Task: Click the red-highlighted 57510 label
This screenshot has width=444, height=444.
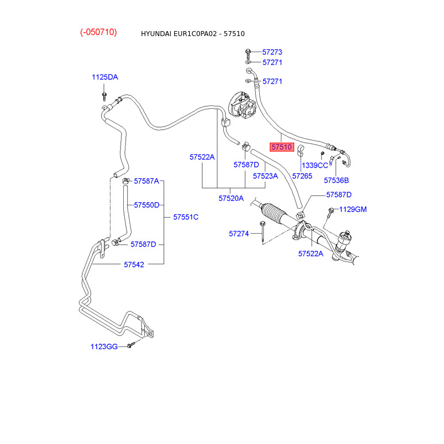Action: [281, 147]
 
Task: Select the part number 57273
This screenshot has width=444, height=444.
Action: [272, 52]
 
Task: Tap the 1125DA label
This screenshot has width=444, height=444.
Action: [105, 77]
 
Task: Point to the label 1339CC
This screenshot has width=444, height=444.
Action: [315, 165]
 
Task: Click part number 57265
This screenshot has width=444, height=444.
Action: [302, 176]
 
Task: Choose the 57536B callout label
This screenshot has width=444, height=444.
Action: [336, 180]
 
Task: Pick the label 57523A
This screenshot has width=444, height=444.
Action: [265, 176]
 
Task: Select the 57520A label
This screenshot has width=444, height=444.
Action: [231, 198]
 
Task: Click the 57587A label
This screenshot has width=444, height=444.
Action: [146, 181]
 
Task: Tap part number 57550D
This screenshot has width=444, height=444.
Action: [147, 205]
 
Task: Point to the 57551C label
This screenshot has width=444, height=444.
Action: [185, 216]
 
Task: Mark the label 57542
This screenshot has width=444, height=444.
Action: [134, 265]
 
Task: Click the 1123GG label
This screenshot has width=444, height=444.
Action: [104, 347]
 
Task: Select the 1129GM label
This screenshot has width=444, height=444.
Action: [353, 209]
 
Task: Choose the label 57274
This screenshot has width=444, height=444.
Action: [239, 234]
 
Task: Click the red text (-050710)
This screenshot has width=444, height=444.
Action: [98, 32]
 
